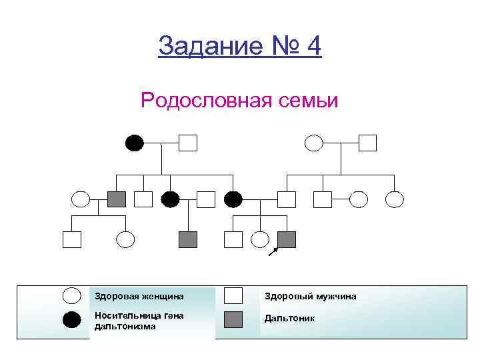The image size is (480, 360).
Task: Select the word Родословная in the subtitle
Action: click(199, 101)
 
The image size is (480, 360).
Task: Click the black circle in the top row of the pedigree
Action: click(135, 143)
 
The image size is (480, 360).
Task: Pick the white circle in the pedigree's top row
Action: click(313, 143)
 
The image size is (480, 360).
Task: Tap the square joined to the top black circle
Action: click(189, 143)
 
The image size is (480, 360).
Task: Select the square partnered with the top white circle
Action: click(367, 143)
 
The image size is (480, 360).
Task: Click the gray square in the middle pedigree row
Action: click(117, 199)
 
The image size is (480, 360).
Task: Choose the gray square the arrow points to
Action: click(287, 238)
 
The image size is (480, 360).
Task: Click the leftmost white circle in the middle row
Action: click(81, 199)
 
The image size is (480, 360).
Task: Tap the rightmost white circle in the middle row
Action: click(395, 199)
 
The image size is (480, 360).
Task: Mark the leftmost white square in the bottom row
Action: click(71, 238)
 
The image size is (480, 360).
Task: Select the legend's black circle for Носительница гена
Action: click(72, 320)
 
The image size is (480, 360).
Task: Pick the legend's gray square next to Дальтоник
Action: click(233, 319)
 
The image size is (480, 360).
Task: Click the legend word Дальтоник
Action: click(290, 319)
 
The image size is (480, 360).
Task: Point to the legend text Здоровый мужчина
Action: click(311, 296)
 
